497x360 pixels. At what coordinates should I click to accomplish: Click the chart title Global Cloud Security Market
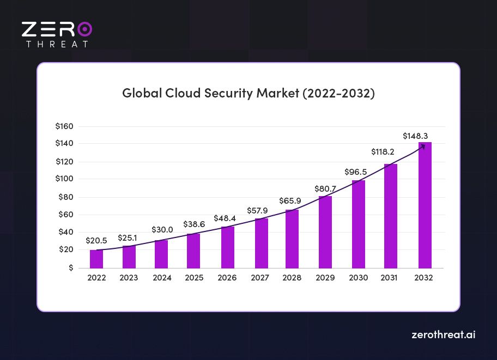pyautogui.click(x=248, y=93)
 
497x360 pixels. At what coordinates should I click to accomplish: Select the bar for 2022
pyautogui.click(x=96, y=259)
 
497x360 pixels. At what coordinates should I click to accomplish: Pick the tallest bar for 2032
pyautogui.click(x=425, y=207)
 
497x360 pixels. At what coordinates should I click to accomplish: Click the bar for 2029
pyautogui.click(x=325, y=233)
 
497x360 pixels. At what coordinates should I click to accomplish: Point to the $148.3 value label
pyautogui.click(x=416, y=135)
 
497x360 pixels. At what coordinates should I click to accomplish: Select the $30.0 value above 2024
pyautogui.click(x=162, y=230)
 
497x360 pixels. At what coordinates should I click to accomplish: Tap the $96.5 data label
pyautogui.click(x=355, y=172)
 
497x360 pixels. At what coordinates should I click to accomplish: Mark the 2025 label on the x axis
pyautogui.click(x=194, y=278)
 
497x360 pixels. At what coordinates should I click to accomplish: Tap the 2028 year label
pyautogui.click(x=292, y=278)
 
